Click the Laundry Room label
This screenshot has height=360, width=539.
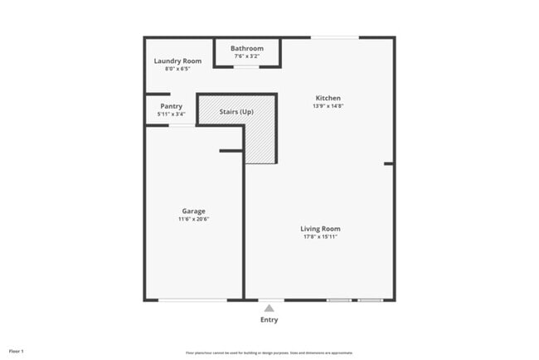pyautogui.click(x=177, y=61)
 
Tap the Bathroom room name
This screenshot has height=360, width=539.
pyautogui.click(x=247, y=49)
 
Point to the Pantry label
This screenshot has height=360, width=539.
pyautogui.click(x=172, y=106)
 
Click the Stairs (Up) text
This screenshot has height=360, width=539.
pyautogui.click(x=236, y=111)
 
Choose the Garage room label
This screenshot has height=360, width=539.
pyautogui.click(x=194, y=211)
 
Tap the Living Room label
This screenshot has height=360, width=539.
pyautogui.click(x=320, y=229)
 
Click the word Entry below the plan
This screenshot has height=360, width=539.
pyautogui.click(x=269, y=320)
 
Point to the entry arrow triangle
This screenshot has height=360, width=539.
pyautogui.click(x=269, y=308)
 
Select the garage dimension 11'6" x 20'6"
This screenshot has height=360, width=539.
pyautogui.click(x=194, y=219)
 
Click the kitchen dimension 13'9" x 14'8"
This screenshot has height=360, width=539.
pyautogui.click(x=328, y=106)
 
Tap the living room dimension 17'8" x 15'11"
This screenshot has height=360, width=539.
pyautogui.click(x=320, y=237)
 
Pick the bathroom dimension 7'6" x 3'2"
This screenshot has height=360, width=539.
pyautogui.click(x=247, y=56)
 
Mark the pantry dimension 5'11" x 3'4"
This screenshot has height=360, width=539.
pyautogui.click(x=172, y=114)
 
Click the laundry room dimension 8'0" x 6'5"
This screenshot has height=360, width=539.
pyautogui.click(x=177, y=69)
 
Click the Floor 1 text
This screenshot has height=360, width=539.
pyautogui.click(x=17, y=352)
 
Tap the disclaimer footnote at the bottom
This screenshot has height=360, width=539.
pyautogui.click(x=269, y=353)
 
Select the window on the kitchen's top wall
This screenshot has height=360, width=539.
pyautogui.click(x=335, y=37)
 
